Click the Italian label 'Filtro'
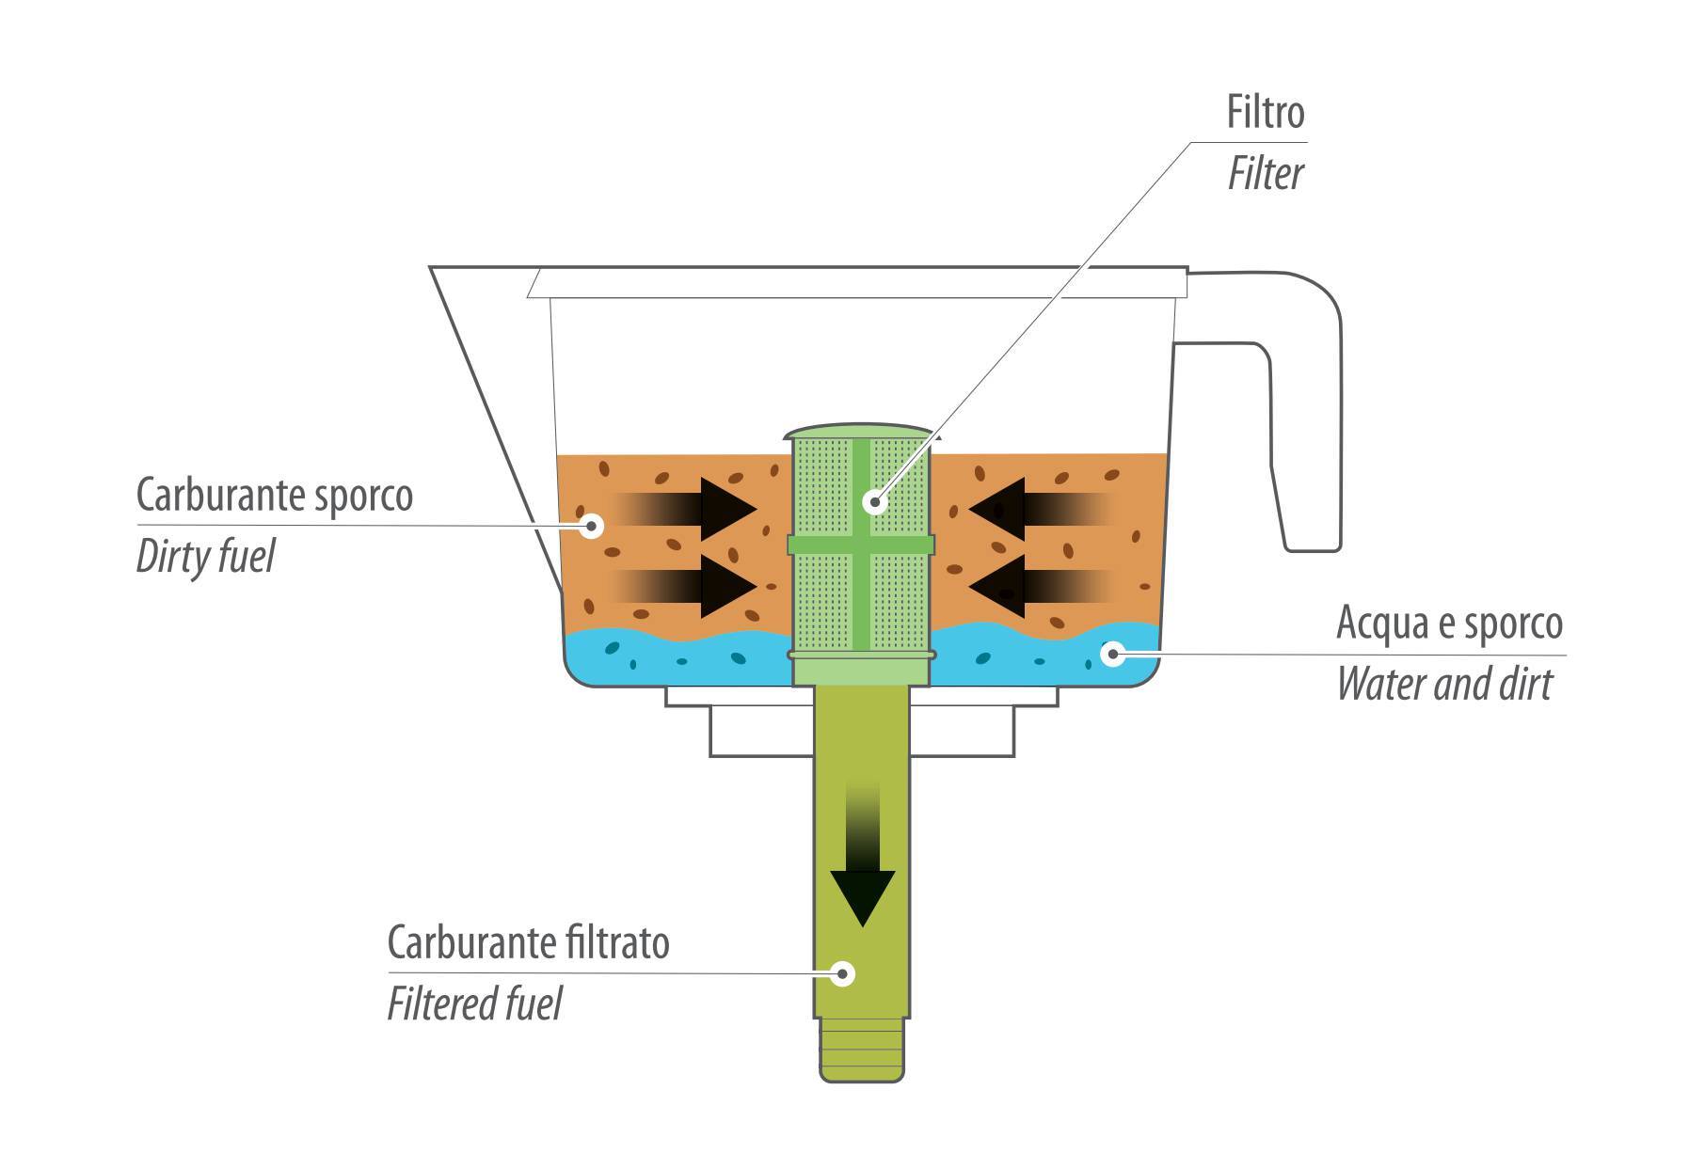click(x=1266, y=113)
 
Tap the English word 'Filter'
click(x=1266, y=174)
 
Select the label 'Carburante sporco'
click(x=274, y=495)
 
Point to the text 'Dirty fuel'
click(x=205, y=557)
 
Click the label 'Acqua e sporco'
click(x=1449, y=624)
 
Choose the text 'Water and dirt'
click(x=1444, y=685)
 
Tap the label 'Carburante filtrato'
click(x=528, y=942)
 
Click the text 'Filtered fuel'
click(x=474, y=1003)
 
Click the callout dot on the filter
click(x=875, y=501)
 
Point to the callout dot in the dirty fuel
click(x=592, y=524)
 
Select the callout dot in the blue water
click(x=1113, y=653)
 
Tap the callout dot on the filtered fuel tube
click(x=843, y=973)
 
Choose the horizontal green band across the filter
click(x=861, y=545)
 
